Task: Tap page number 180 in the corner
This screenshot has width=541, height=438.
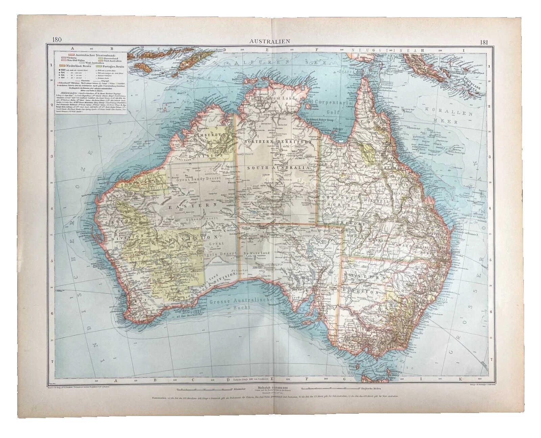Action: tap(57, 40)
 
